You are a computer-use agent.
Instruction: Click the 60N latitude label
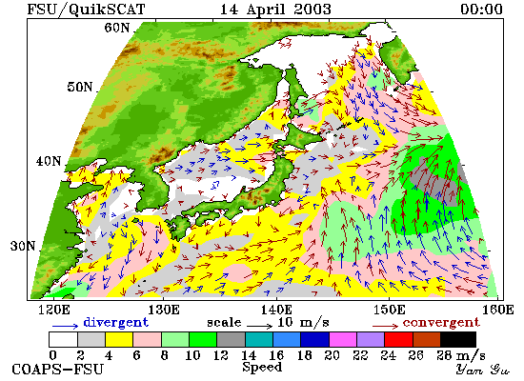[116, 28]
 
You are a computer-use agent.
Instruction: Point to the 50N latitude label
[79, 87]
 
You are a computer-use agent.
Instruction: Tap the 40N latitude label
[49, 161]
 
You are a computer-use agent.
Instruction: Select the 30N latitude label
[23, 246]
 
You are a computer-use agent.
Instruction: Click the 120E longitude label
[54, 311]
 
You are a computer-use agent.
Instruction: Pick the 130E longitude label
[164, 311]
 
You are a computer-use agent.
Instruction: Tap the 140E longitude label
[277, 311]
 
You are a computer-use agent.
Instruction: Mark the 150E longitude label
[390, 311]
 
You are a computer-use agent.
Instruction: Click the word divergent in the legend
[115, 322]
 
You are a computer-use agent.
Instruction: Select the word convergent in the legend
[441, 323]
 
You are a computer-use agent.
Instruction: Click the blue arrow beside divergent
[65, 326]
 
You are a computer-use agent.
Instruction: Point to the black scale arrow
[260, 326]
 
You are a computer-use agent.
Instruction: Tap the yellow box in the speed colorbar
[119, 339]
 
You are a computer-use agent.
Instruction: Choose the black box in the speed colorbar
[458, 339]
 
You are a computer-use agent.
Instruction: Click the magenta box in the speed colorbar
[343, 339]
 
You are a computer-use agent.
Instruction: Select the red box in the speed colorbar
[398, 339]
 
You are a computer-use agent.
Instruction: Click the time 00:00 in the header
[481, 9]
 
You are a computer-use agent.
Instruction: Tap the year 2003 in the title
[312, 9]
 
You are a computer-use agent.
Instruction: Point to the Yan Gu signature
[482, 370]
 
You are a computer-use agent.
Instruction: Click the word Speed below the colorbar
[262, 367]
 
